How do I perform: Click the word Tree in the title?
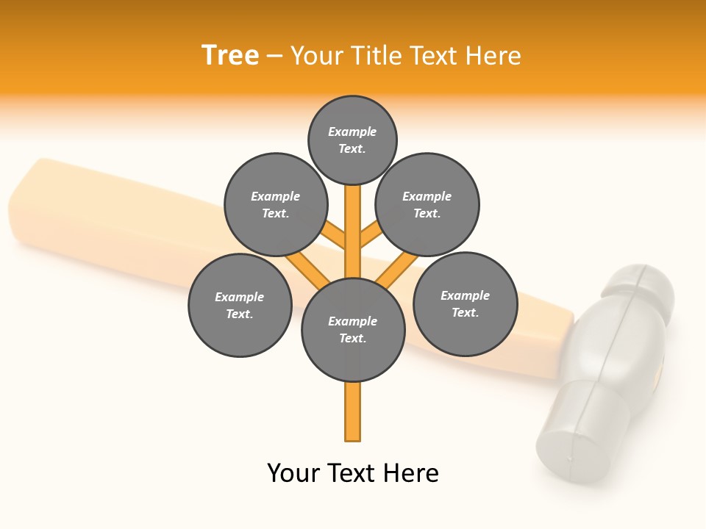[230, 55]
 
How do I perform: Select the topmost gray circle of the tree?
[352, 140]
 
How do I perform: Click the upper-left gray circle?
[276, 204]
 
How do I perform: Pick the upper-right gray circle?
[427, 204]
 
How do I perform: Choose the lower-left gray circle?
[240, 305]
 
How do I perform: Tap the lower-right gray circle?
[465, 303]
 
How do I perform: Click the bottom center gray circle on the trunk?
[353, 330]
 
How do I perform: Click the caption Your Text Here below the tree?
[353, 472]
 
